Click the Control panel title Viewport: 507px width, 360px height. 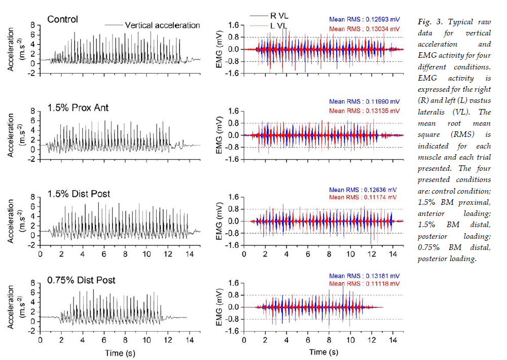tap(62, 19)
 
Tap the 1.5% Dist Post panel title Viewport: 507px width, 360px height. tap(79, 194)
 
